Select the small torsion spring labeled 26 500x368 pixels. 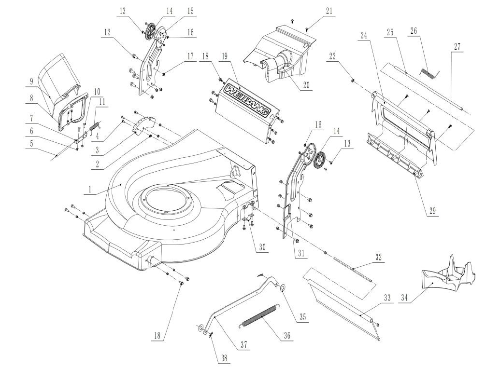pyautogui.click(x=428, y=73)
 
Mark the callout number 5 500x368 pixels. pyautogui.click(x=31, y=143)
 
